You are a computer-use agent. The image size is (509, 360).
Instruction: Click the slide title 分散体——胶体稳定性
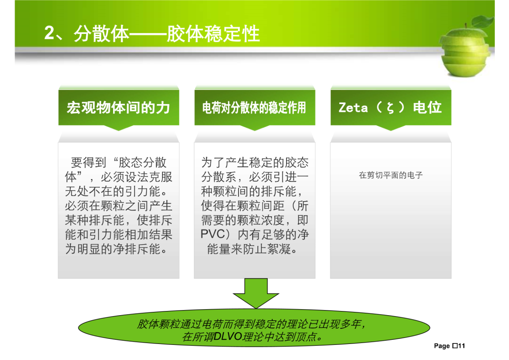(x=166, y=33)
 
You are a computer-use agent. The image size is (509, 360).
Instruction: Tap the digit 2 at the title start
(x=49, y=33)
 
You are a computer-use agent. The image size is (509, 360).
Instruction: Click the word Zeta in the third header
(x=353, y=107)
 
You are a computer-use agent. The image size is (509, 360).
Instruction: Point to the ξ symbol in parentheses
(x=391, y=108)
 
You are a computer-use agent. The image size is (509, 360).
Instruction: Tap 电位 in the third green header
(x=427, y=107)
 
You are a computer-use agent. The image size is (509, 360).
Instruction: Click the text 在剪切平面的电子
(x=391, y=175)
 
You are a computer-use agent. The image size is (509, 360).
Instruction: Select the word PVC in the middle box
(x=213, y=234)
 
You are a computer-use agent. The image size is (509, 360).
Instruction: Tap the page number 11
(x=461, y=346)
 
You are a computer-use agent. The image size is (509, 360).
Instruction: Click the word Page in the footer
(x=442, y=346)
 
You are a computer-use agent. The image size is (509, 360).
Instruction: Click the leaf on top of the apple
(x=483, y=22)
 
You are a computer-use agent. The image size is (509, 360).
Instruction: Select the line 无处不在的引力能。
(x=116, y=191)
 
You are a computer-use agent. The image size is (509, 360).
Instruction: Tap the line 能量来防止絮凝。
(x=252, y=249)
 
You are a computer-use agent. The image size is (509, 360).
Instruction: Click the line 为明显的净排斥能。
(x=116, y=249)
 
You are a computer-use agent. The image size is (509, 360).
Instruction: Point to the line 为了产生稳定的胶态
(x=255, y=162)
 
